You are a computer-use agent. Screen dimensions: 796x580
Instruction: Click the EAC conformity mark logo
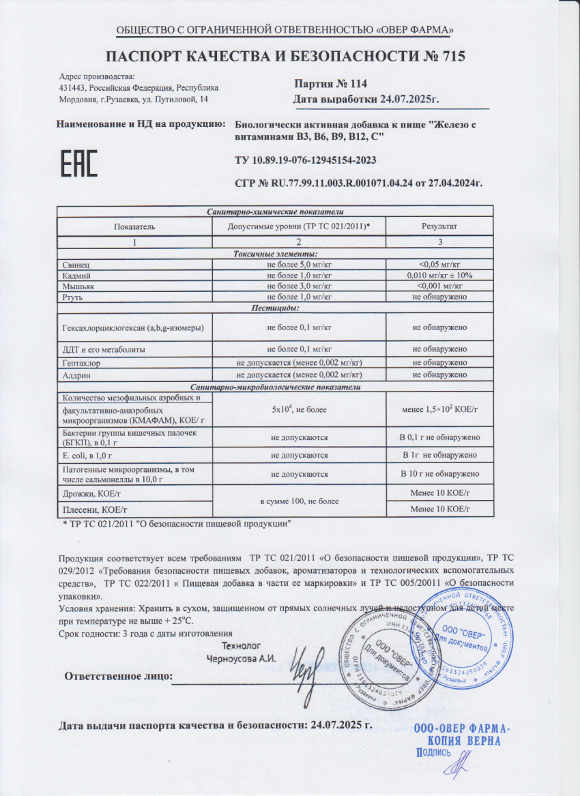(80, 164)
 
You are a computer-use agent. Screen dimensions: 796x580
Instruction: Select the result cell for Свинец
(439, 263)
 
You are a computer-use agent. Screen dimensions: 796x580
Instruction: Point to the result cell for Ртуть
(439, 297)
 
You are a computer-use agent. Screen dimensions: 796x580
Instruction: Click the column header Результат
(439, 226)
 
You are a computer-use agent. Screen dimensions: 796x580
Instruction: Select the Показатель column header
(134, 226)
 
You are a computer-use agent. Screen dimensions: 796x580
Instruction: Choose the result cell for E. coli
(439, 455)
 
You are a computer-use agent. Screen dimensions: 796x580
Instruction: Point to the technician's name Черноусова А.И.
(241, 659)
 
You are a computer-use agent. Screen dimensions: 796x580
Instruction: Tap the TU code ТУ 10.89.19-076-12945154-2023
(305, 160)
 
